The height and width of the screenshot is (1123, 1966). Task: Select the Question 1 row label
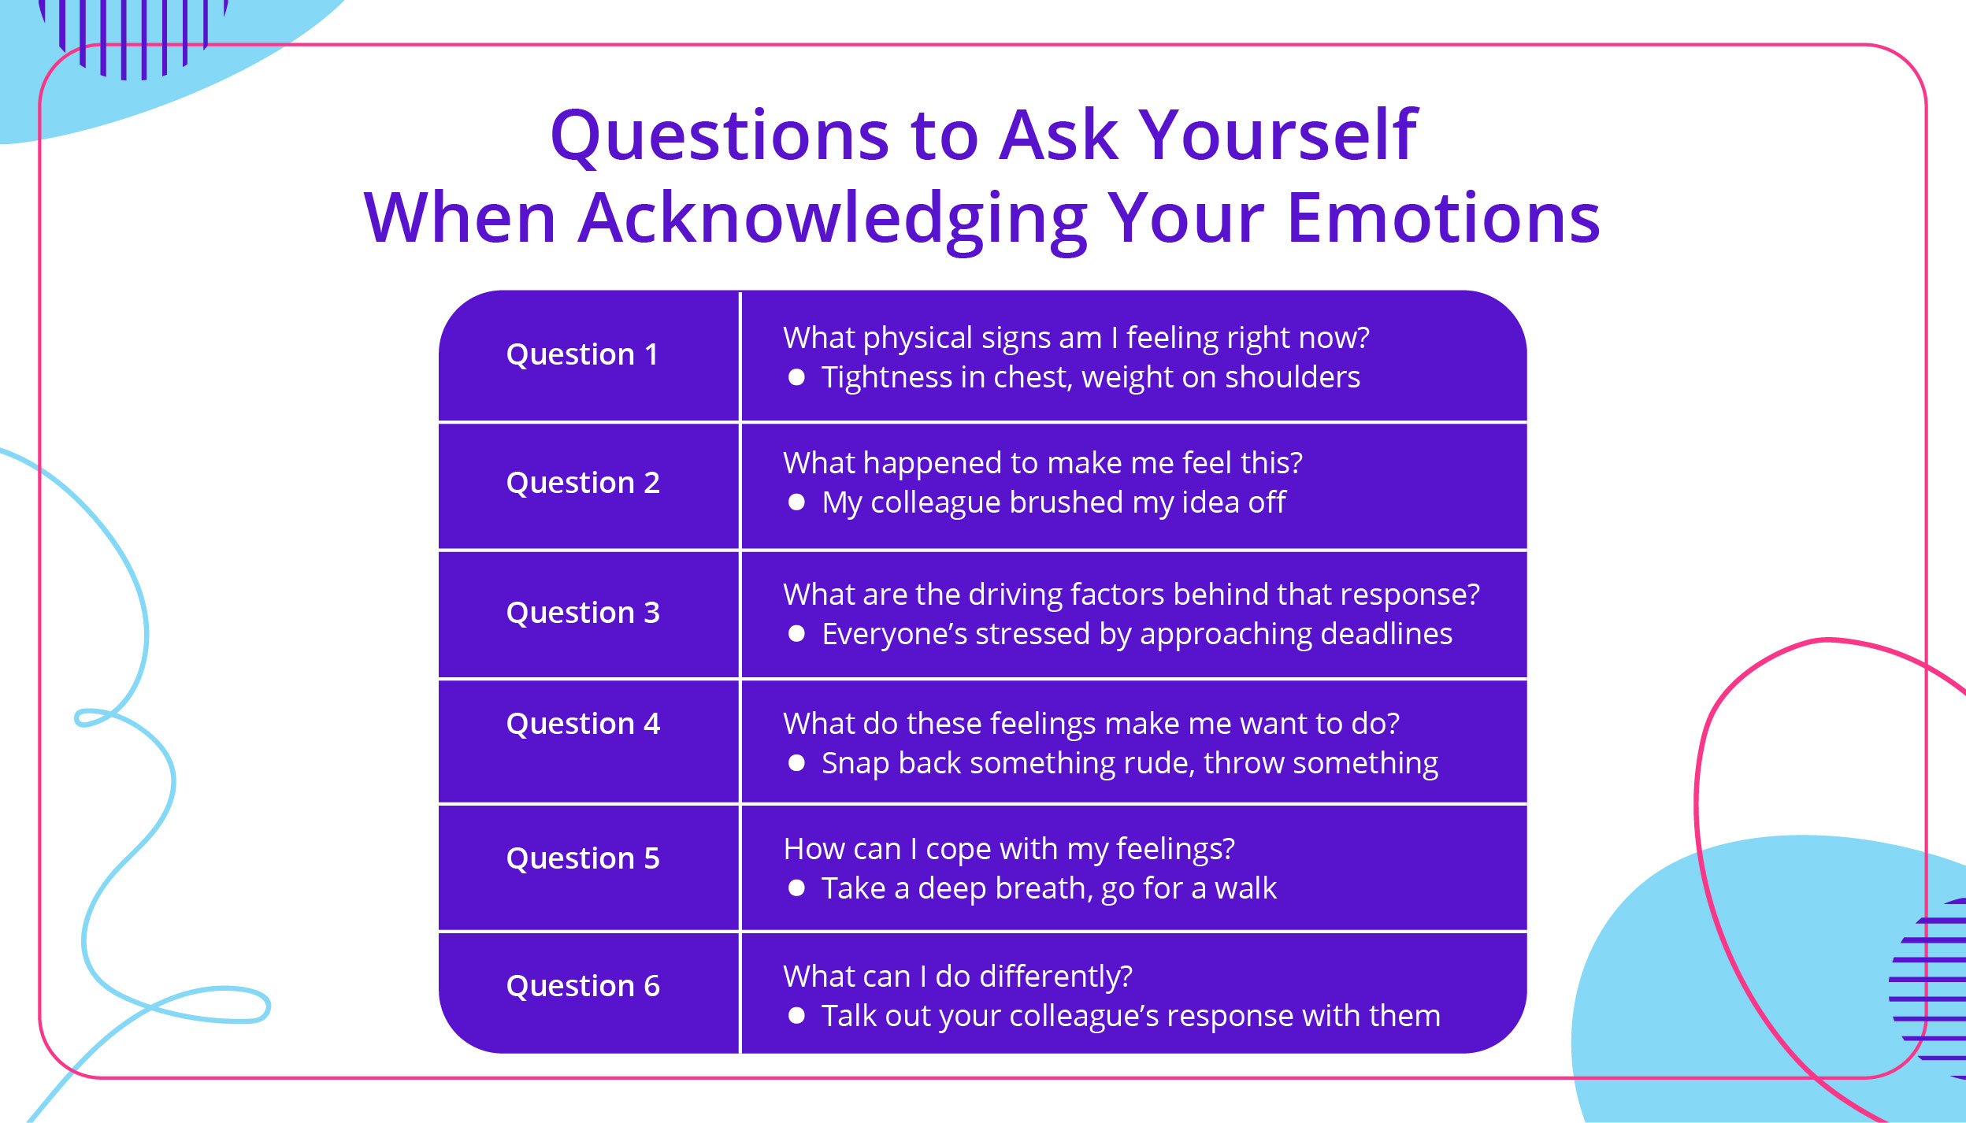coord(582,354)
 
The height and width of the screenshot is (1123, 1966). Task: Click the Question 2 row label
coord(583,482)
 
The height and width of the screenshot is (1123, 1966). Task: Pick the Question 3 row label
coord(583,612)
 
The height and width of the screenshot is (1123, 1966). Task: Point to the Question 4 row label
coord(583,723)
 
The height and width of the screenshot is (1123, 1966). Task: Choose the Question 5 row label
coord(583,858)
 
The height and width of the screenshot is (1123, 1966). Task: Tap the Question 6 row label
coord(583,985)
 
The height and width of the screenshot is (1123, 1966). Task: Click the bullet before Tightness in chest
coord(796,377)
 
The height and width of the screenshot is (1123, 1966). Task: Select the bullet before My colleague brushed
coord(796,502)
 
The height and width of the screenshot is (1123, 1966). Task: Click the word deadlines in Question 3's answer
coord(1385,633)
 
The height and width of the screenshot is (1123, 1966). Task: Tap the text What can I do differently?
coord(957,976)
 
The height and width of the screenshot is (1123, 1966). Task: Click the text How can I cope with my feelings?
coord(1008,848)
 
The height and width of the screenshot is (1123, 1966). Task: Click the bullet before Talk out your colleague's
coord(796,1015)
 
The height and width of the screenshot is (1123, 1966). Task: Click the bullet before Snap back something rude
coord(796,762)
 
